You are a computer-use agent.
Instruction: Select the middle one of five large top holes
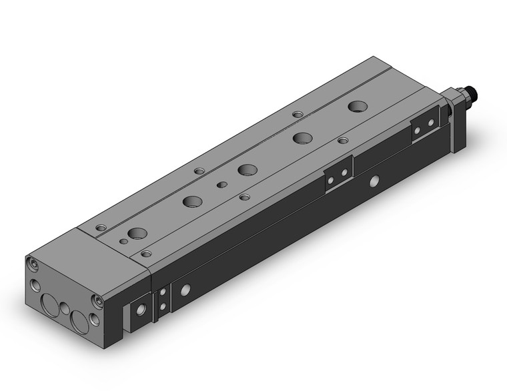click(x=247, y=169)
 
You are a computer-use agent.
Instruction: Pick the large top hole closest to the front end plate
click(x=138, y=232)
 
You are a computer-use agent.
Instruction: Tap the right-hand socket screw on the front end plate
click(x=98, y=302)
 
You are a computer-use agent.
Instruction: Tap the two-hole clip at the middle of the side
click(x=338, y=173)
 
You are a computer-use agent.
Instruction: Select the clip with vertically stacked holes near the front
click(x=162, y=300)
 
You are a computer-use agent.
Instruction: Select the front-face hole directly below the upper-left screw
click(x=35, y=284)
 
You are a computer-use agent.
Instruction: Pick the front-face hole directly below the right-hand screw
click(x=95, y=320)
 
